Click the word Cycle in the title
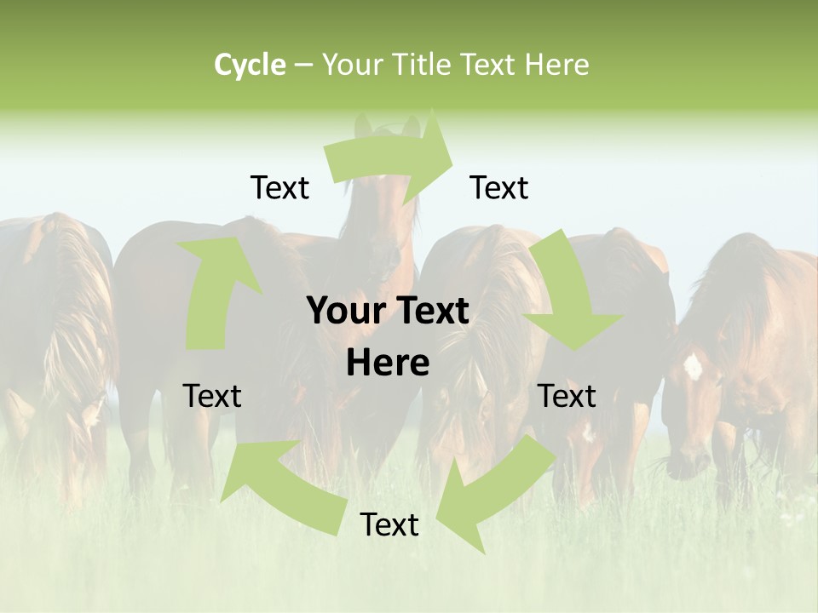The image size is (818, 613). coord(250,65)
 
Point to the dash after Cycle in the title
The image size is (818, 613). coord(303,65)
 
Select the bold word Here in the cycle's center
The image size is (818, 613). coord(388,364)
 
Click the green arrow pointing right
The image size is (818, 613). coord(392,158)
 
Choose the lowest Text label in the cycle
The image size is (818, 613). coord(389,524)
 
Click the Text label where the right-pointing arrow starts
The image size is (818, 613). coord(279,187)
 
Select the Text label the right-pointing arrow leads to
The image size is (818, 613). coord(499,187)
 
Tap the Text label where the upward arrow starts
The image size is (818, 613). coord(212,396)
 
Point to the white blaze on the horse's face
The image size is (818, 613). coord(693,366)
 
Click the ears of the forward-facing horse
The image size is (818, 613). coord(388,128)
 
